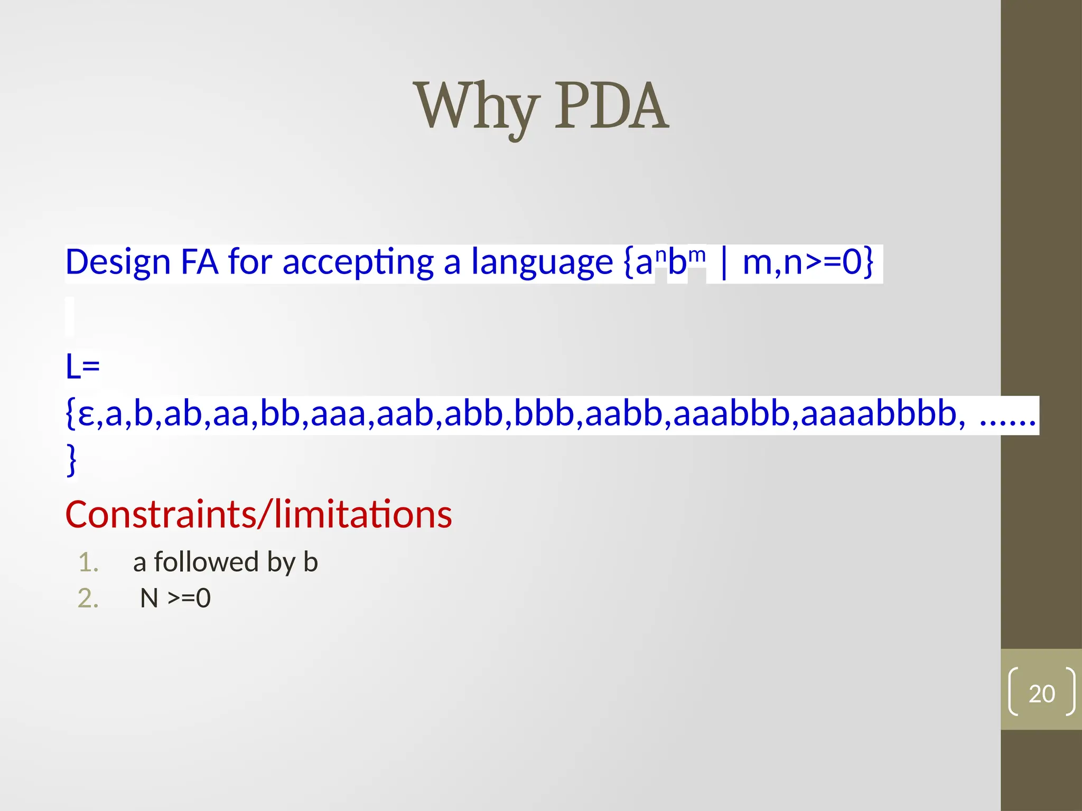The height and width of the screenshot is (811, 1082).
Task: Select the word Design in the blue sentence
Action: click(118, 262)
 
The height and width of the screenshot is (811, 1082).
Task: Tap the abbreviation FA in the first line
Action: click(199, 262)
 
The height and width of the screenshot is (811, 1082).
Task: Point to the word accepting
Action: click(358, 262)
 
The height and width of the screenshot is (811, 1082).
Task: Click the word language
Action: click(542, 262)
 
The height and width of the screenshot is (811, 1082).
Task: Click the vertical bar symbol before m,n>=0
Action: click(724, 262)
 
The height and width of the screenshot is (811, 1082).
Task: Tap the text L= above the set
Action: click(82, 367)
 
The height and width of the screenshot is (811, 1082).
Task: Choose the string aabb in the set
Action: click(624, 414)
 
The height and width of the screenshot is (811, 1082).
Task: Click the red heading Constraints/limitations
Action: click(258, 515)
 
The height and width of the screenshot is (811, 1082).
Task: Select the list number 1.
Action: click(88, 563)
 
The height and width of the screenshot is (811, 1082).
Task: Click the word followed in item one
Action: click(206, 562)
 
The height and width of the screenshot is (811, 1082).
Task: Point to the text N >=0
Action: click(175, 599)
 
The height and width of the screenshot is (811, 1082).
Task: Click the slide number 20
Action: click(1041, 694)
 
